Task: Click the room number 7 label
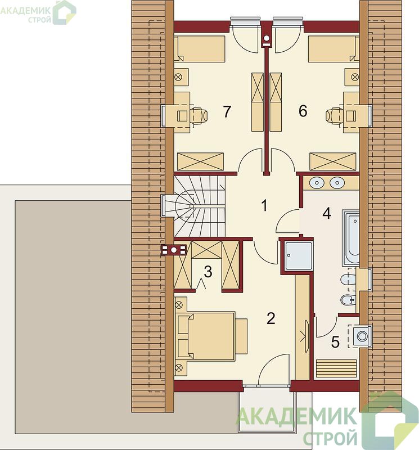[227, 111]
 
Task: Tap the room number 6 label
[303, 111]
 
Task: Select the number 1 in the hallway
[264, 205]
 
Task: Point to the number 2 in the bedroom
[327, 214]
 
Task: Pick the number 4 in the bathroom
[327, 214]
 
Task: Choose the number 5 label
[335, 342]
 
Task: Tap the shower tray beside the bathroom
[299, 256]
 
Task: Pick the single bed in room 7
[200, 49]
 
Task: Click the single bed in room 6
[334, 49]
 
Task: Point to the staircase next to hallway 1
[200, 206]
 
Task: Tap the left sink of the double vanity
[317, 183]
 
